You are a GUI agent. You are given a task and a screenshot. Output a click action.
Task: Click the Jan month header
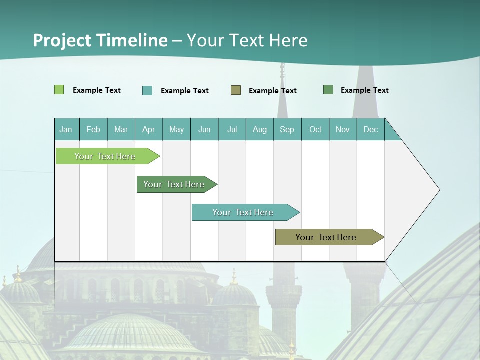[x=66, y=129]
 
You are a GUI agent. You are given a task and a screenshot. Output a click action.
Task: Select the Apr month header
[x=149, y=129]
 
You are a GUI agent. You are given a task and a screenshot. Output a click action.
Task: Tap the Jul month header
[x=232, y=129]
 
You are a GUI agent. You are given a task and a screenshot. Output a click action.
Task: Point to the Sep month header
[x=287, y=129]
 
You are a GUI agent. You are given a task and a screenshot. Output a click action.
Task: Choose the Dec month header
[x=370, y=129]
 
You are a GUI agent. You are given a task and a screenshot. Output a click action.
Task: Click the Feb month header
[x=93, y=129]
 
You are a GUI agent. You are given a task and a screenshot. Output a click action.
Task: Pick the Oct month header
[x=315, y=129]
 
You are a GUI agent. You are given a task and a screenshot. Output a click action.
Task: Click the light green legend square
[x=59, y=90]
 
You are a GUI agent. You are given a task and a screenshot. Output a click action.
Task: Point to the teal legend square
[x=147, y=90]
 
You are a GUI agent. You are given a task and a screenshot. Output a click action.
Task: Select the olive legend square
[x=236, y=90]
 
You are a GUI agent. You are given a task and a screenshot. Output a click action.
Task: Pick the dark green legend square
[x=328, y=90]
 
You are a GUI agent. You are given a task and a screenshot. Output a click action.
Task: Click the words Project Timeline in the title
[x=100, y=40]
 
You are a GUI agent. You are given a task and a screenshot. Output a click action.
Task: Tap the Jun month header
[x=204, y=129]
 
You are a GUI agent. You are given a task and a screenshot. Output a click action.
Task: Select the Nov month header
[x=343, y=129]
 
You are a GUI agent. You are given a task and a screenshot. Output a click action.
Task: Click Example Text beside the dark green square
[x=364, y=90]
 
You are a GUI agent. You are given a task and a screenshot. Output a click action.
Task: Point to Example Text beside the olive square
[x=272, y=91]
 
